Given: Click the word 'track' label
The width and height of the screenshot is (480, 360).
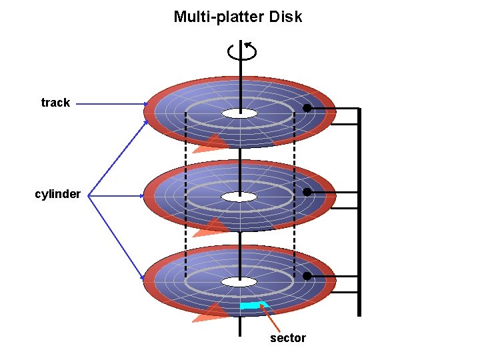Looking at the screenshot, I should [55, 103].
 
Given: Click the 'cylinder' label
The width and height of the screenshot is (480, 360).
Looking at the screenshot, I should [58, 195].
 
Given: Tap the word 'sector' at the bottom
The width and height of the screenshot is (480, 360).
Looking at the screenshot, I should [288, 338].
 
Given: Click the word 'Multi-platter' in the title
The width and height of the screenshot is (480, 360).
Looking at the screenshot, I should [219, 17].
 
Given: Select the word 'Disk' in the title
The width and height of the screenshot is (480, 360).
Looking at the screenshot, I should [286, 17].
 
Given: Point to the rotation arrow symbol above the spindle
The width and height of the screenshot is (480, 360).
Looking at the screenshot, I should [241, 51].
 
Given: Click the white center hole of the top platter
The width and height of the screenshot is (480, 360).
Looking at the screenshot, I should [239, 113].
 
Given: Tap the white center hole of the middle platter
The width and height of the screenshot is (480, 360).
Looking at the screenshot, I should [239, 197].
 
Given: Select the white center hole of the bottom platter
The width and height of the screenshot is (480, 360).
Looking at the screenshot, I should [239, 281].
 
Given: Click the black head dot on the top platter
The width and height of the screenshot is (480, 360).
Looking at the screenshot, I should [307, 108].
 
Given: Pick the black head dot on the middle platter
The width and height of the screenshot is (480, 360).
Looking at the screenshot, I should [307, 192].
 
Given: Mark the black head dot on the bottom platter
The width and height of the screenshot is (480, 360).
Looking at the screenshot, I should [307, 276].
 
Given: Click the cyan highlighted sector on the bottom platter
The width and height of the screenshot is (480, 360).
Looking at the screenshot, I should [251, 305].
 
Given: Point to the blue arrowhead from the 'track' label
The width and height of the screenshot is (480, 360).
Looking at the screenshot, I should [145, 103].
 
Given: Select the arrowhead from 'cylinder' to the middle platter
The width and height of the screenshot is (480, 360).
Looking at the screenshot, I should [141, 196].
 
